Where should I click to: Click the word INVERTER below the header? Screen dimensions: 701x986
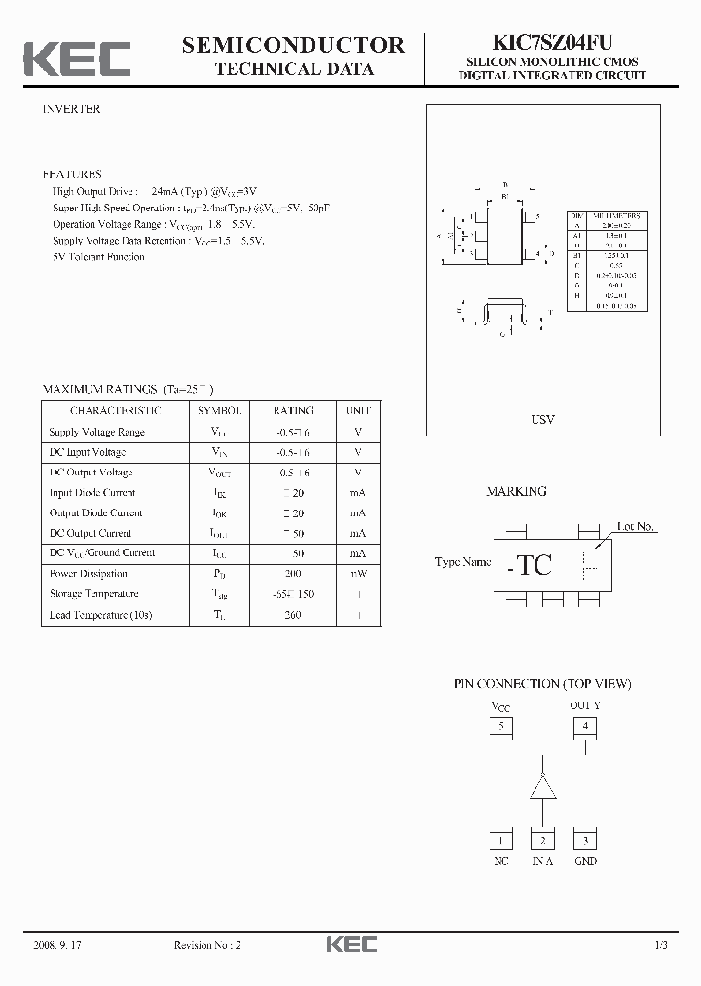click(71, 109)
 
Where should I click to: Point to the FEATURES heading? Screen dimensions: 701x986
click(71, 174)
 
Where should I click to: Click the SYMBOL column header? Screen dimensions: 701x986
click(220, 411)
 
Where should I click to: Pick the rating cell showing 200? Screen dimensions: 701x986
click(293, 574)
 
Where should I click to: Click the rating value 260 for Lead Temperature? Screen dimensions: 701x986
click(293, 615)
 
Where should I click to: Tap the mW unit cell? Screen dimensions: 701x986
click(357, 574)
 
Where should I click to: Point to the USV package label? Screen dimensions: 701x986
click(542, 419)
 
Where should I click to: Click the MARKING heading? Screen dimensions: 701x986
click(516, 492)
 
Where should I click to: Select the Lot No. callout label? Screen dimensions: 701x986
click(636, 526)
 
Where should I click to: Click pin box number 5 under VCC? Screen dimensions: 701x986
click(500, 725)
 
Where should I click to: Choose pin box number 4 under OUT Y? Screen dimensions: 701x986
click(584, 725)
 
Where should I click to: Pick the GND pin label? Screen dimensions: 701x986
click(585, 861)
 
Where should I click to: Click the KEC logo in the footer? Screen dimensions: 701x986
click(350, 944)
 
